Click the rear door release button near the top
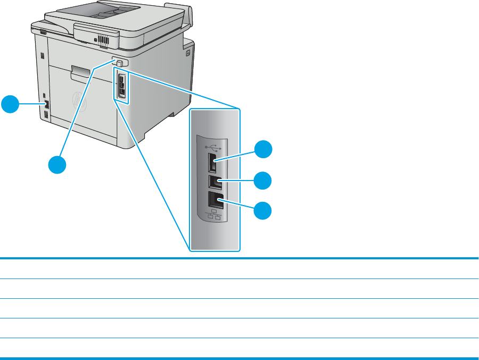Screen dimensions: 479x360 pyautogui.click(x=120, y=63)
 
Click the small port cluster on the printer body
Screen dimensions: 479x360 pyautogui.click(x=121, y=85)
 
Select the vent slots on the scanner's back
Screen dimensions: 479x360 pyautogui.click(x=103, y=40)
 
